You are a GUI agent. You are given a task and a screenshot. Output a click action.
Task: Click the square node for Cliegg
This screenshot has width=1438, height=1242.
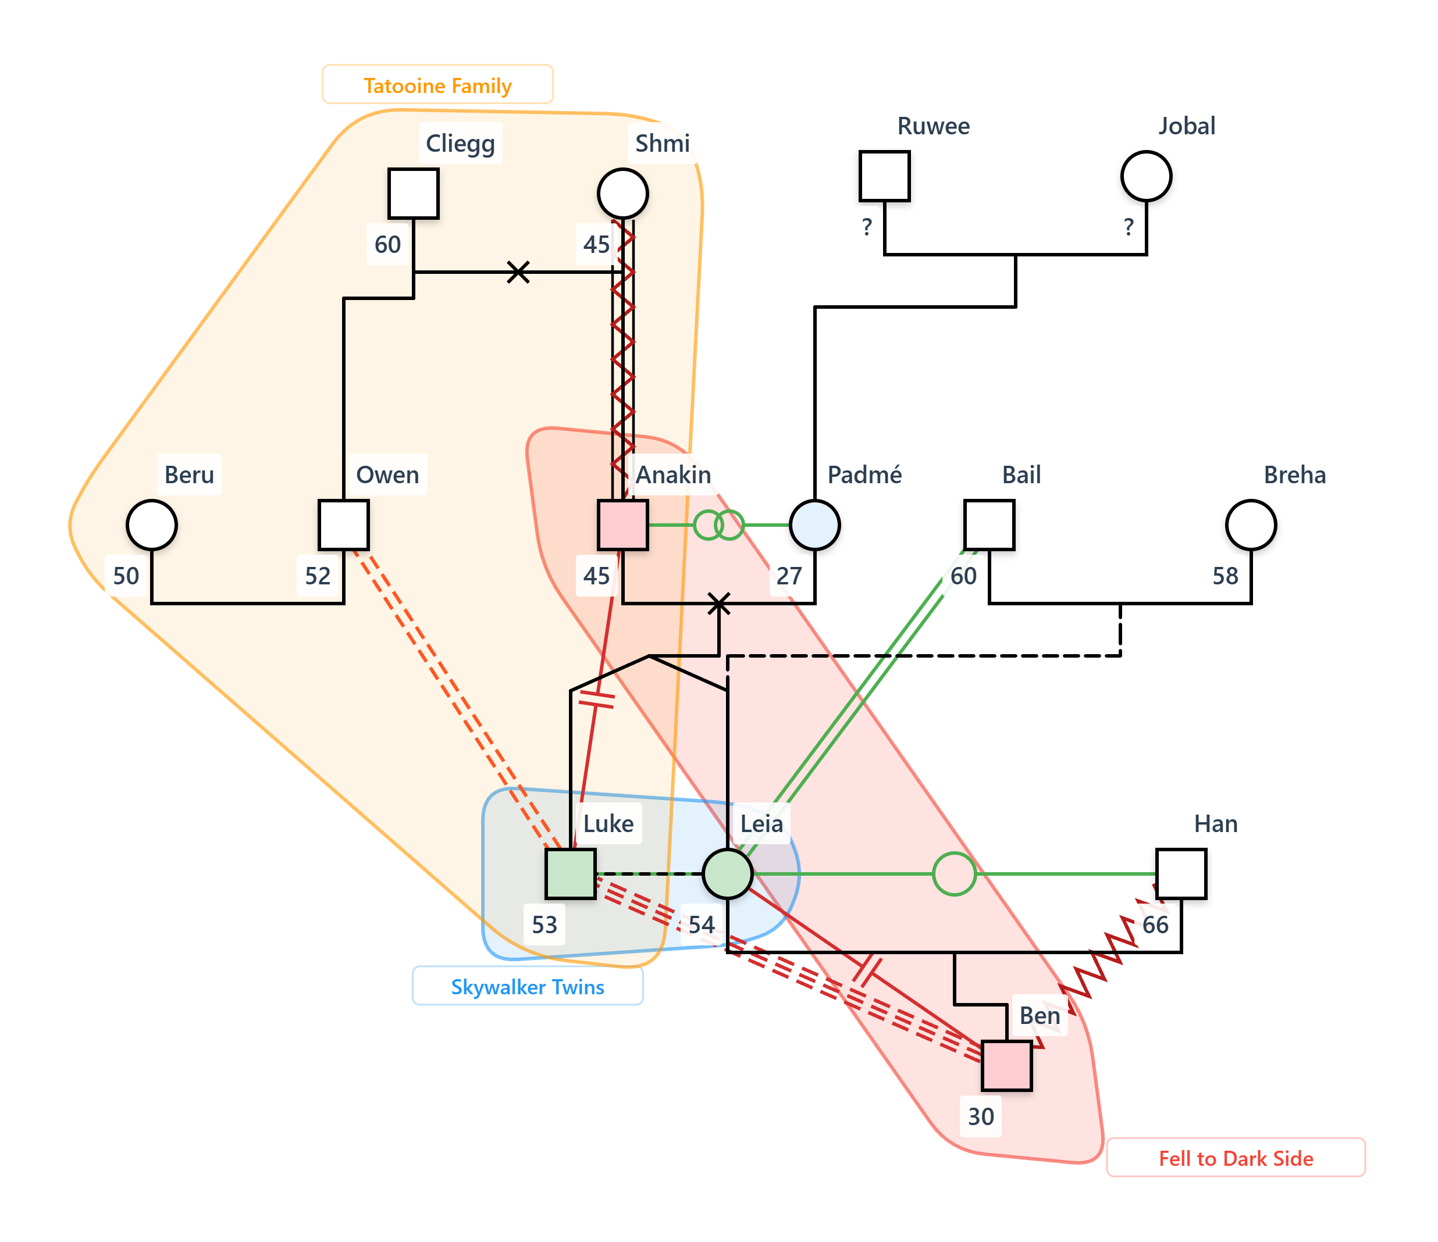coord(413,194)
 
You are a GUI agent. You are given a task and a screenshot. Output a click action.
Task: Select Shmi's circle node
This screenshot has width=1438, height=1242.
coord(622,194)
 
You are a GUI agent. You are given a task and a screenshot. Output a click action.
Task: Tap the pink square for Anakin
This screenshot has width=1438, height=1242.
coord(622,525)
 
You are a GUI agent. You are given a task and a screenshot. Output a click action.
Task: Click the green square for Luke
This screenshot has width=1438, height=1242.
coord(571,873)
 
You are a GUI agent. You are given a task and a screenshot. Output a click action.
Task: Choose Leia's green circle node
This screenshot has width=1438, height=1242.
coord(727,873)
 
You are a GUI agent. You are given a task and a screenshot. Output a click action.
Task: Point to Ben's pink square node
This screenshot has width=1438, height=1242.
coord(1006,1066)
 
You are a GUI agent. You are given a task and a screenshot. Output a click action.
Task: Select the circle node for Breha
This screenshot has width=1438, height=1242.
coord(1251,525)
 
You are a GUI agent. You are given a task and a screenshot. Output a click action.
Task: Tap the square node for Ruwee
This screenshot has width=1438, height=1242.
coord(884,176)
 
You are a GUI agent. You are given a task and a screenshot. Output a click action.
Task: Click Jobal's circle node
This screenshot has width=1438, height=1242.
coord(1146,176)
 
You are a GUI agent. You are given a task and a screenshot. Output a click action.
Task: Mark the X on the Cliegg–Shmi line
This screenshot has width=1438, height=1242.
coord(518,272)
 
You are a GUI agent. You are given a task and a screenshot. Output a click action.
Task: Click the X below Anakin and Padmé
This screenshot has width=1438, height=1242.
coord(719,604)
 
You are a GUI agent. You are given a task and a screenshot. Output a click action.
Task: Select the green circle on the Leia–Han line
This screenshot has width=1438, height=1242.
coord(954,873)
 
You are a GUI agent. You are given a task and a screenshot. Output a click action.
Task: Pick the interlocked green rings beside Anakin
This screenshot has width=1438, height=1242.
coord(719,525)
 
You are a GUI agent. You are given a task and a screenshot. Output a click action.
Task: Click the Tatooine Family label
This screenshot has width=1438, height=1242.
coord(437,85)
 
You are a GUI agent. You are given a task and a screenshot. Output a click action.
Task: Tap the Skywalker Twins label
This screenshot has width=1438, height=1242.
coord(528,986)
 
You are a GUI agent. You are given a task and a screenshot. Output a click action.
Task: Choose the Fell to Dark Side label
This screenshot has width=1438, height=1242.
coord(1236,1158)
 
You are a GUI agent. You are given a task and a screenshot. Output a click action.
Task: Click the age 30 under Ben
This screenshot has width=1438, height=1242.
coord(981,1116)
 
